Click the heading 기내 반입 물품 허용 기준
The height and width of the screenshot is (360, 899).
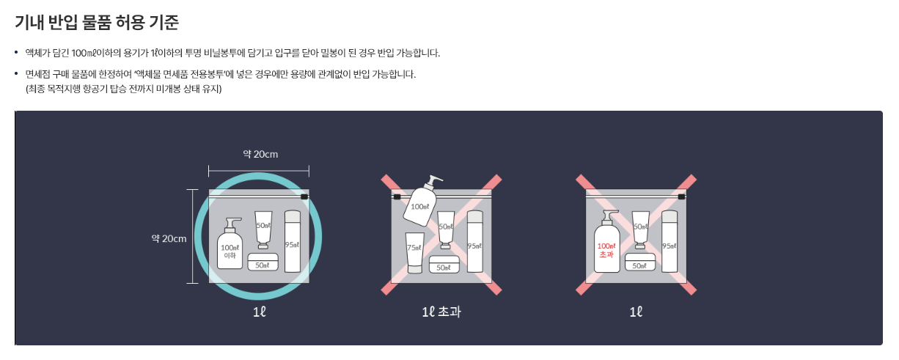pos(97,22)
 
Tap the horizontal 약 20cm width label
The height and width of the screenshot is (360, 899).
pos(260,154)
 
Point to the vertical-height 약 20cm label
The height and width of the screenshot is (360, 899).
pos(169,238)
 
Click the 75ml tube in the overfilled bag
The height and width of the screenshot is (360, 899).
pos(414,252)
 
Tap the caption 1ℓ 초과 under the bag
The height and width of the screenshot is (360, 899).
pos(441,312)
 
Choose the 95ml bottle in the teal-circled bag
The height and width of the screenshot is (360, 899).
pos(293,242)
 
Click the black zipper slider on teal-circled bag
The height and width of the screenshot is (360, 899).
pos(304,197)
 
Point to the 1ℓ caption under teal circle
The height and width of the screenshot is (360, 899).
pos(259,312)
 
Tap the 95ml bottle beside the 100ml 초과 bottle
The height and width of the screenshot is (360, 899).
pos(669,242)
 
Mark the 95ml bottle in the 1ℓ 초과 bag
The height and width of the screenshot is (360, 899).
pos(474,242)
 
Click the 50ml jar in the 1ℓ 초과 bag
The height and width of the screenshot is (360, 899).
pos(444,264)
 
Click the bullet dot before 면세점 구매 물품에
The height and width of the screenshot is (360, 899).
pos(17,75)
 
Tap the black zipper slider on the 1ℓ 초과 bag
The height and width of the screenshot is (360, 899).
pos(397,197)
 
